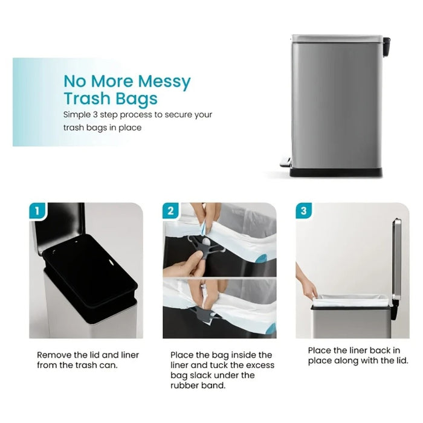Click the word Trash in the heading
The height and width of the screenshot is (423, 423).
[87, 98]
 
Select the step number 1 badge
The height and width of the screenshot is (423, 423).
[37, 211]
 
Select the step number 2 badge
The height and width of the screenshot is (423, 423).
[170, 211]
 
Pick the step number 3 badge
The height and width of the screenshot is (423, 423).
[303, 211]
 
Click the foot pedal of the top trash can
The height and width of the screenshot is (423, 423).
[285, 161]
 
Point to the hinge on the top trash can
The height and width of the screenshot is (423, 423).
[386, 43]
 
